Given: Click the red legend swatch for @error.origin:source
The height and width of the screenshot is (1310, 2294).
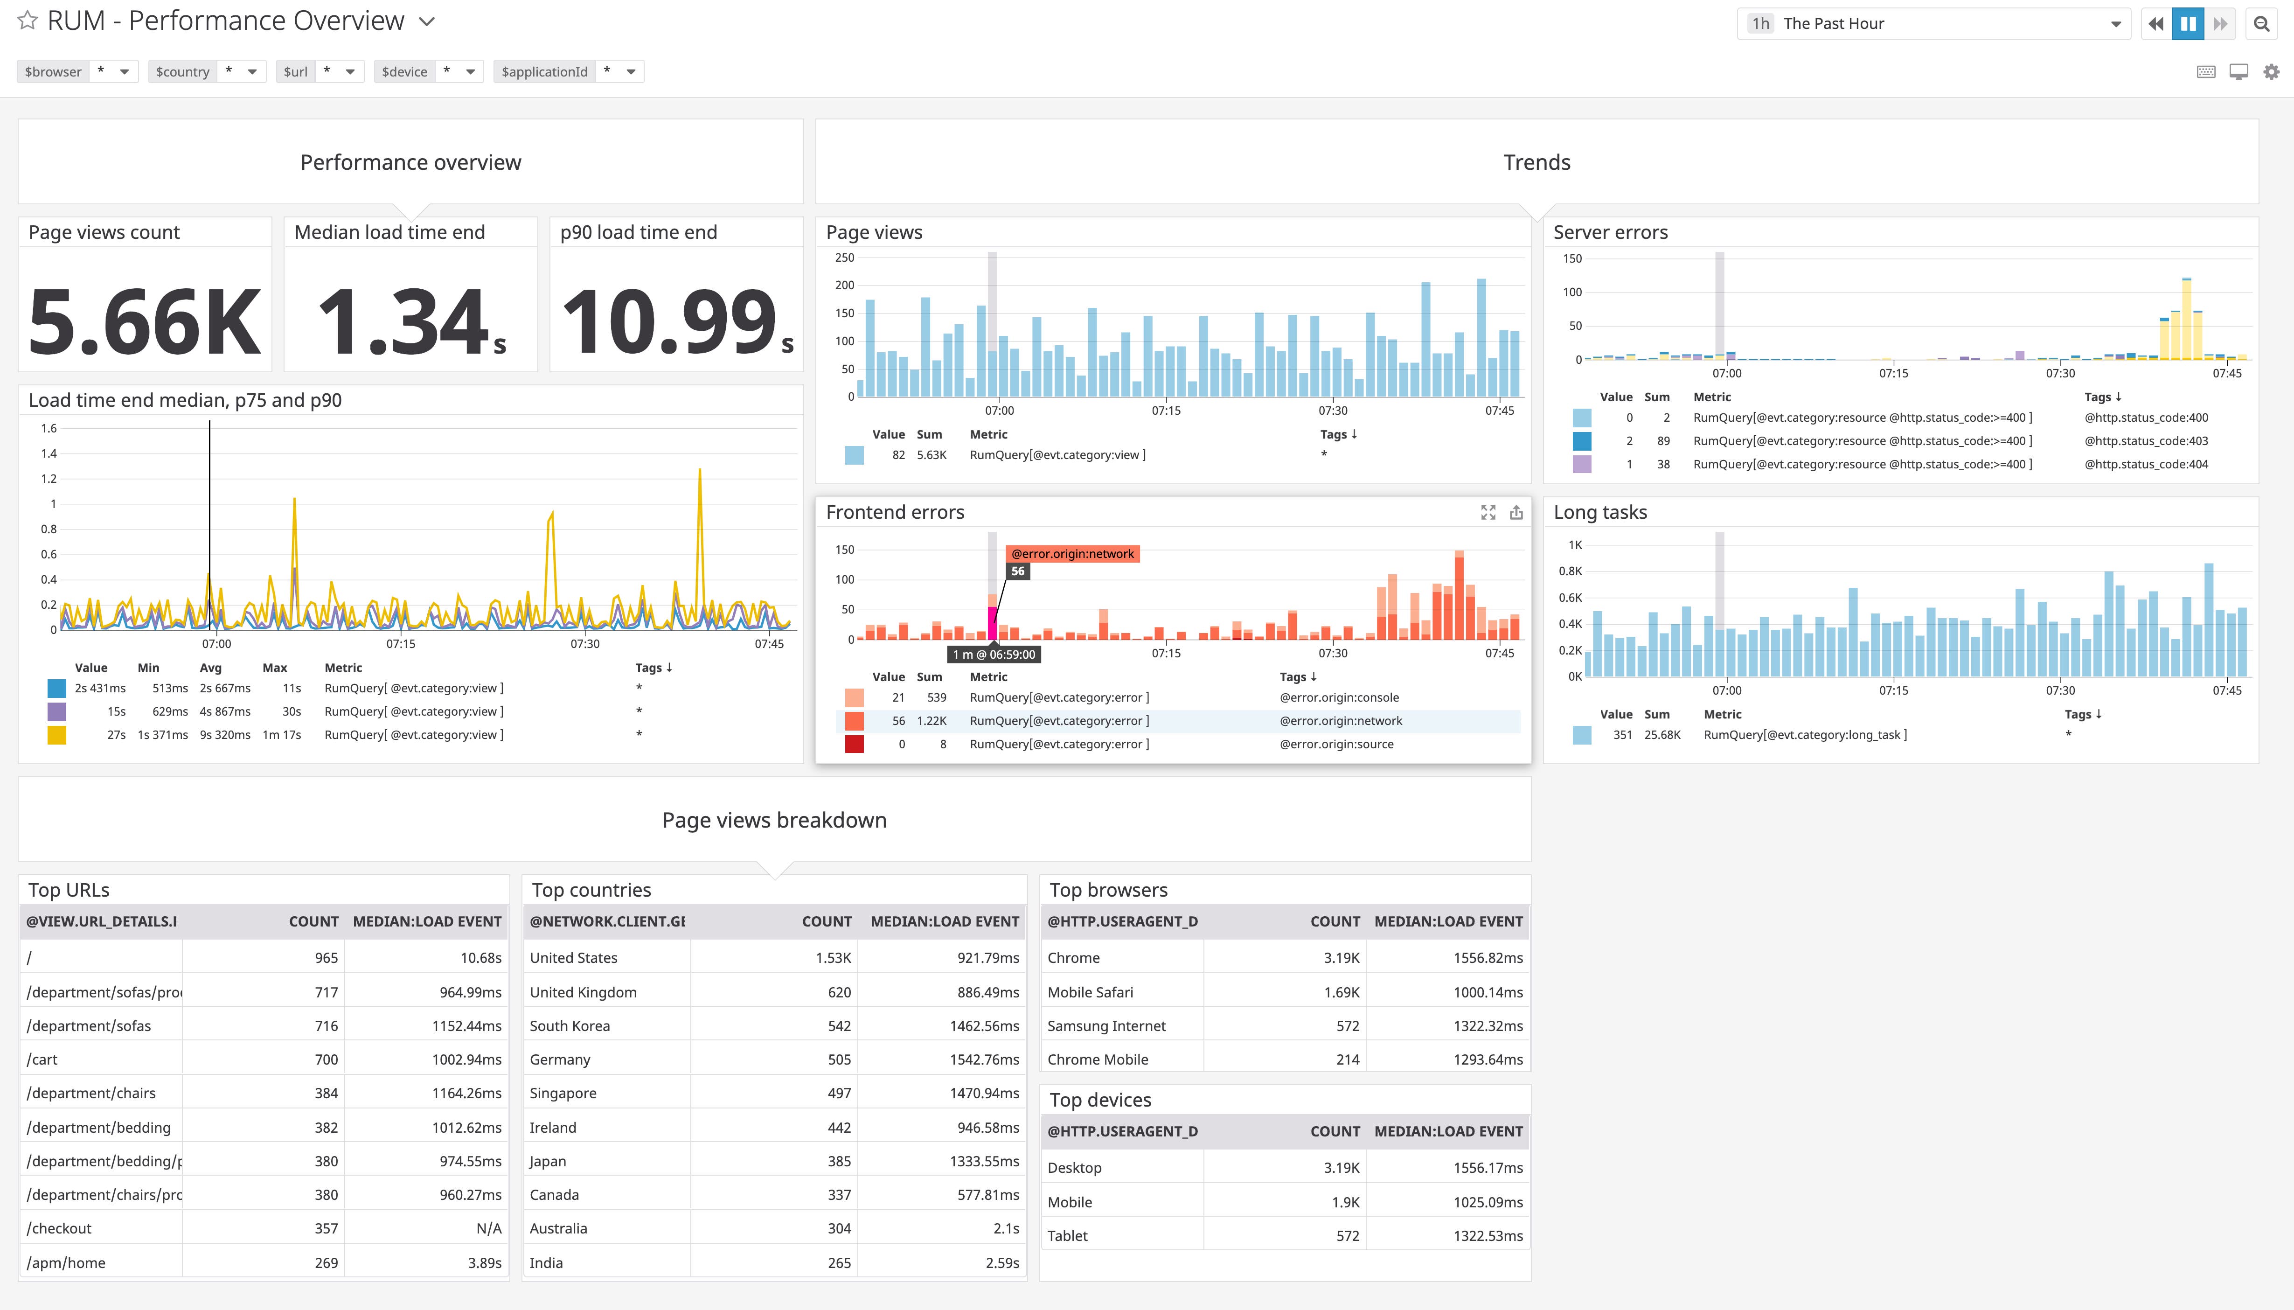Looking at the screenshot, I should tap(854, 744).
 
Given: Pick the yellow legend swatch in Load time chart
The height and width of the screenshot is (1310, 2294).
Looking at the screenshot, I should tap(57, 735).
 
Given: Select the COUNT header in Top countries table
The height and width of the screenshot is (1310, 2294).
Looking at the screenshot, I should tap(826, 921).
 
